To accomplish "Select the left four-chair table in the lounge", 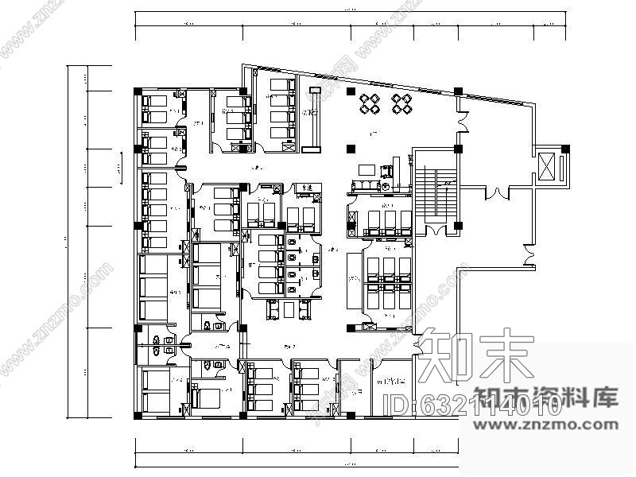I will pyautogui.click(x=370, y=104).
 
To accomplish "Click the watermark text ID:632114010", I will pyautogui.click(x=474, y=406).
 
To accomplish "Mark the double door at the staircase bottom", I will pyautogui.click(x=436, y=231).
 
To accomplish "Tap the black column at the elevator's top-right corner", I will pyautogui.click(x=565, y=148).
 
